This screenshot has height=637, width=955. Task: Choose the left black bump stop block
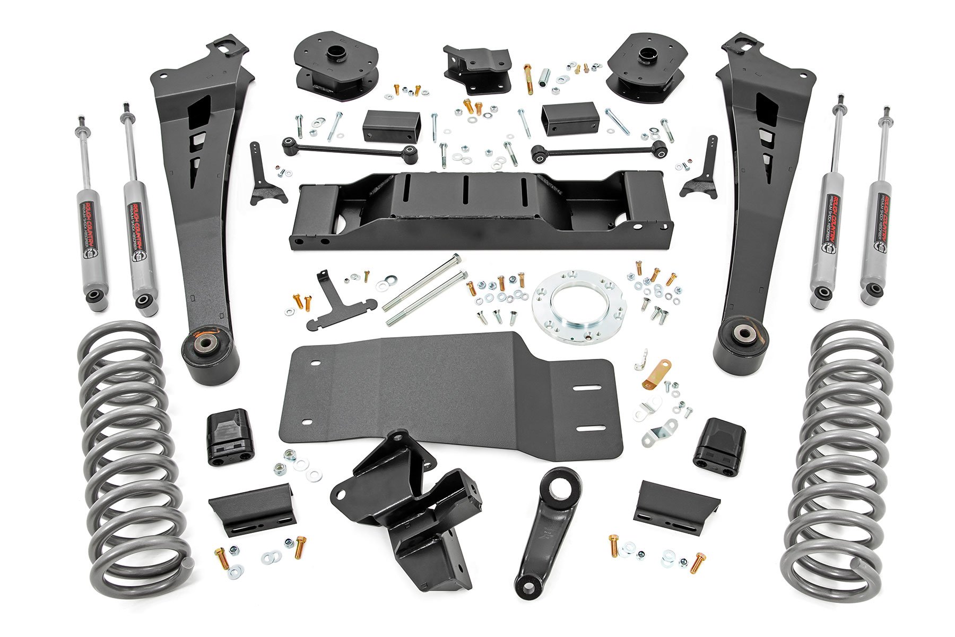[x=229, y=437]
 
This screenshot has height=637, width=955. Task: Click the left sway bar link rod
[x=350, y=149]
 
